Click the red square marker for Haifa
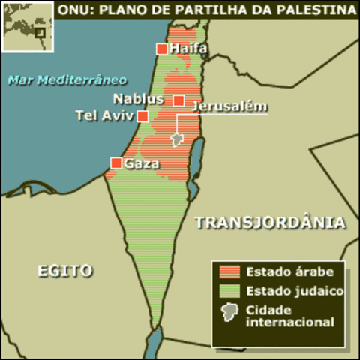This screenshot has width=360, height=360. (161, 49)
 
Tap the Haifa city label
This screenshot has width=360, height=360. (188, 49)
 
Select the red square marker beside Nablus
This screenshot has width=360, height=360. (178, 100)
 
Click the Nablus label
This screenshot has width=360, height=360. (139, 98)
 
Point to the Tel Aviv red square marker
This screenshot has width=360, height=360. (142, 115)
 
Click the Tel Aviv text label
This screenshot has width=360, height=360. (104, 115)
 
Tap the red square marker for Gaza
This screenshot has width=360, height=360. (116, 163)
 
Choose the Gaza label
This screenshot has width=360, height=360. (142, 163)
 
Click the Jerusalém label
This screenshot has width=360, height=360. (229, 106)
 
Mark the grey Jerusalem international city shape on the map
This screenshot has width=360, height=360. (177, 139)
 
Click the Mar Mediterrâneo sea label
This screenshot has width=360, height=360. (67, 79)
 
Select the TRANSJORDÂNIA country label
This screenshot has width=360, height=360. (269, 223)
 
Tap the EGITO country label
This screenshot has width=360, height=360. (65, 271)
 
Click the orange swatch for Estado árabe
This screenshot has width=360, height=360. (229, 271)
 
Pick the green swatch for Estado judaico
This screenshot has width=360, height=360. (229, 291)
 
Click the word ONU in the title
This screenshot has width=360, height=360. (76, 10)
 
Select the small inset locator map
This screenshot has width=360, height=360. (27, 26)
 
